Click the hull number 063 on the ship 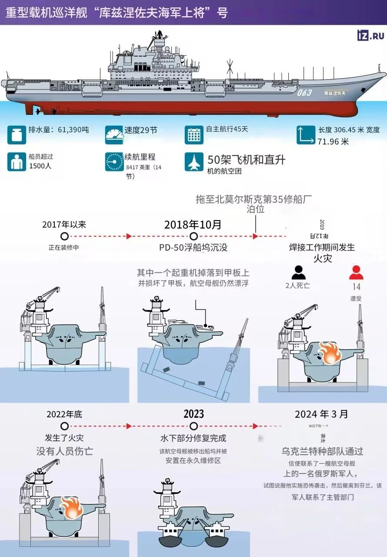click(304, 93)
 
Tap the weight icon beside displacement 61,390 click(16, 135)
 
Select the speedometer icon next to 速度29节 click(114, 135)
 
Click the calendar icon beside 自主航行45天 click(193, 135)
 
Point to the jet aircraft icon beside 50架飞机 click(193, 162)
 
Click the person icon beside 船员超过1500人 click(16, 162)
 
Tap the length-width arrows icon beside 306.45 click(306, 135)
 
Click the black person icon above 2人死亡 click(298, 272)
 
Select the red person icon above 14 click(356, 272)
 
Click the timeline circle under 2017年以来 click(64, 236)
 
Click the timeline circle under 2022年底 click(64, 426)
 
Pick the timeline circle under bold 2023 click(193, 426)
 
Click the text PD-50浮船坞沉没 click(193, 248)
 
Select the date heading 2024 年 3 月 click(321, 414)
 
